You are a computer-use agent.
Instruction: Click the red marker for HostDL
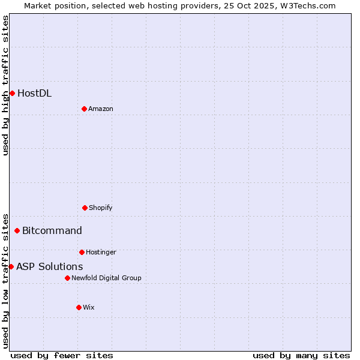point(12,93)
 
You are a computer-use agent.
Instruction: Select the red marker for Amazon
point(84,109)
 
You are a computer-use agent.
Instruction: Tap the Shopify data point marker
point(85,208)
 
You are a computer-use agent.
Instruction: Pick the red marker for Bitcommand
point(17,230)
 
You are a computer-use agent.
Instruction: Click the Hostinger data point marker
point(82,252)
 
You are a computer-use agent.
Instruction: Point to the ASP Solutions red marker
point(11,266)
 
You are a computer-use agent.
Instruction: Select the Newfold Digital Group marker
point(67,278)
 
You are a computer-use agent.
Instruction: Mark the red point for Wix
point(79,307)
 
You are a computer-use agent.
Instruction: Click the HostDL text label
point(34,93)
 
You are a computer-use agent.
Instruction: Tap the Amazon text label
point(101,109)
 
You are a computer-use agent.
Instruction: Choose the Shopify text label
point(101,208)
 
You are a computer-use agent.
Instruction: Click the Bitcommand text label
point(52,230)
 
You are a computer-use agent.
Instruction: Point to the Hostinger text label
point(101,252)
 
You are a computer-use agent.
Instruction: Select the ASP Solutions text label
point(49,266)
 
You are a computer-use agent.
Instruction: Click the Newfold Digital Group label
point(106,278)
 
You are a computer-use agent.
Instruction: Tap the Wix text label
point(89,307)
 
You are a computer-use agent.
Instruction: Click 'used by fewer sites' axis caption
point(62,355)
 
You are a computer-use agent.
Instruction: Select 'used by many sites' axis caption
point(301,355)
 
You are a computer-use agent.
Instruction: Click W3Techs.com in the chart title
point(306,5)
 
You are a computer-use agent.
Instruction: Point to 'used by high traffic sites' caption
point(5,85)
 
